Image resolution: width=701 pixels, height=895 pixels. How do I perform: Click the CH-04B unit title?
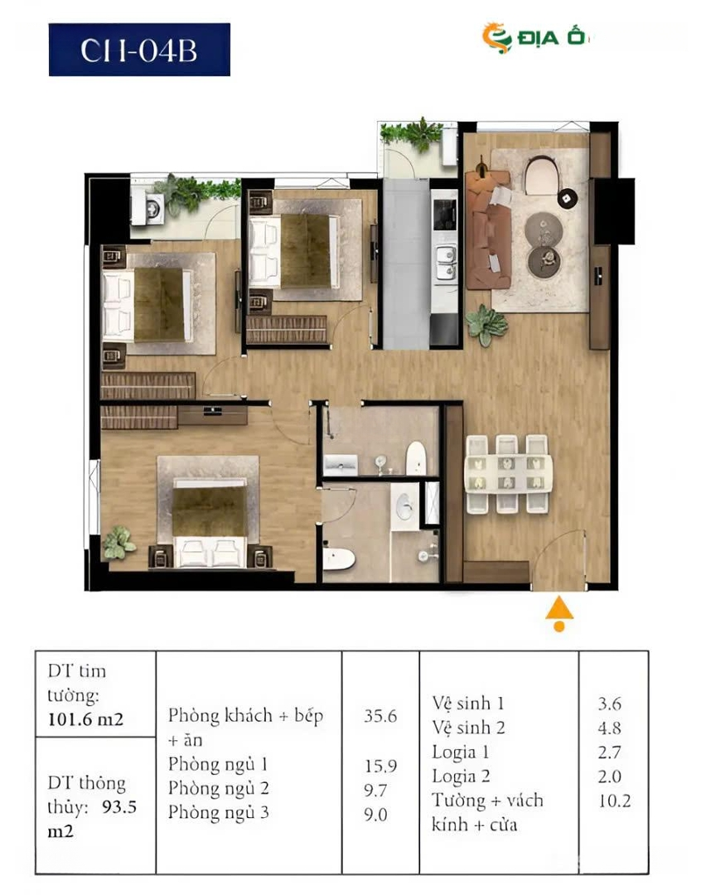pos(139,50)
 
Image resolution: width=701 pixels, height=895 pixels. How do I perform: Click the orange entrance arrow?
pos(559,613)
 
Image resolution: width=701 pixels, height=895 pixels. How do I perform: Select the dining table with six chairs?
pos(509,474)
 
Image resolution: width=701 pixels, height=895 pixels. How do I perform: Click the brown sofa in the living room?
pos(487,229)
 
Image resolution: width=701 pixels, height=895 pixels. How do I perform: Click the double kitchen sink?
pos(445,264)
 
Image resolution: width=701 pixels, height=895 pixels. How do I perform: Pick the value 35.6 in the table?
pos(380,716)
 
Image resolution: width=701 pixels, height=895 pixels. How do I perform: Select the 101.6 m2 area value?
pos(85,718)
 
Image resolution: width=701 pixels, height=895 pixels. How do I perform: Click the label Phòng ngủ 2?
pos(218,788)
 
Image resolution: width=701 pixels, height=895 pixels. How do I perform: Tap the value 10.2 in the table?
pos(614,801)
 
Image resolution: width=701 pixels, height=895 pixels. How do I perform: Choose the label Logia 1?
pos(461,752)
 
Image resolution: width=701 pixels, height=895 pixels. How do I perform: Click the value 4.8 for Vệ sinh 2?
pos(610,728)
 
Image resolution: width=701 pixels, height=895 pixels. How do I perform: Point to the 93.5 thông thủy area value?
pos(119,807)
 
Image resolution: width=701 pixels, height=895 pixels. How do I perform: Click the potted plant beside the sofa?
pos(486,324)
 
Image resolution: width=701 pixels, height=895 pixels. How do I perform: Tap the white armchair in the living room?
pos(541,175)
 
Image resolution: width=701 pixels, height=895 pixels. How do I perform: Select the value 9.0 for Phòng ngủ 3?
pos(375,815)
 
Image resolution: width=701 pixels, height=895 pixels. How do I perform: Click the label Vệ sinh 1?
pos(468,704)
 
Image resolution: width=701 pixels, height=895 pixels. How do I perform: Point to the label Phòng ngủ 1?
pos(217,764)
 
